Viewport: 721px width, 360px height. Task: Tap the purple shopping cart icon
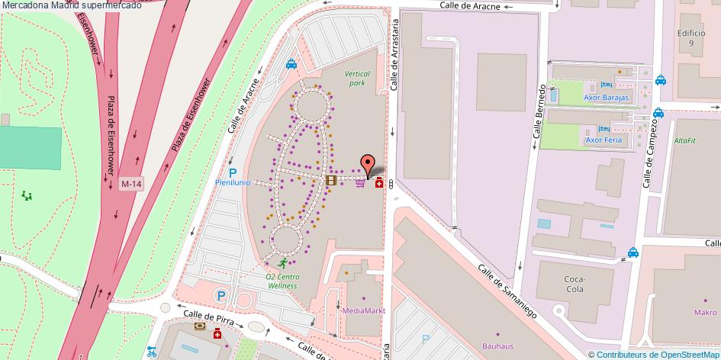[x=359, y=183]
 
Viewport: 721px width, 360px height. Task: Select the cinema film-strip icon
[x=330, y=181]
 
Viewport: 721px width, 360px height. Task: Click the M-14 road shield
[x=131, y=184]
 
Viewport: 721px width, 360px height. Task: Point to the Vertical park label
[x=356, y=79]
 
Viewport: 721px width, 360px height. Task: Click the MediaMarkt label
[x=364, y=311]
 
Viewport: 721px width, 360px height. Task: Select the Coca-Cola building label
[x=574, y=284]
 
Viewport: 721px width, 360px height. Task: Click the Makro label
[x=705, y=312]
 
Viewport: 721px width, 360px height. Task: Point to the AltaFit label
[x=684, y=141]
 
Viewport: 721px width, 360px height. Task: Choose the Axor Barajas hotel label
[x=606, y=98]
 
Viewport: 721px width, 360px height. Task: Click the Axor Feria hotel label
[x=603, y=140]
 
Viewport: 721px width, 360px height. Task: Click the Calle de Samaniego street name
[x=507, y=292]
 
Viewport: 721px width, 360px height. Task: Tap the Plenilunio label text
[x=233, y=183]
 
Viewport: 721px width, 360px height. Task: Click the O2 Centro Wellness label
[x=282, y=281]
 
